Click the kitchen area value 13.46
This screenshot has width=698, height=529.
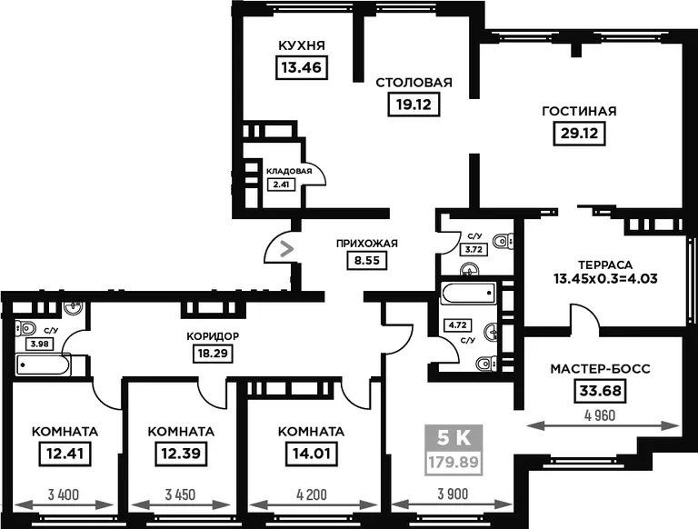point(302,67)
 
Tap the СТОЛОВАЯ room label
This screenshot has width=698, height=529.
point(414,83)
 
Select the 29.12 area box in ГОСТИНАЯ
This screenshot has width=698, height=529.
point(579,133)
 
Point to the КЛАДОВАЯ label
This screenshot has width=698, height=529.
point(289,171)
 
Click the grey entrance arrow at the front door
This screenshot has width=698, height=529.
point(287,248)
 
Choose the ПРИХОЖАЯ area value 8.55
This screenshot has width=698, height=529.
point(367,261)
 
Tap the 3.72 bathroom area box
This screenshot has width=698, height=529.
point(474,249)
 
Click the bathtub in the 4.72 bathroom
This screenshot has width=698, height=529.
point(469,294)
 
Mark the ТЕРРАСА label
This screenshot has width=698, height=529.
point(605,264)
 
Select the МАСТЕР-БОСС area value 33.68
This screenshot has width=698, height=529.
point(600,391)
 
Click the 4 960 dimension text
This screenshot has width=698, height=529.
point(600,415)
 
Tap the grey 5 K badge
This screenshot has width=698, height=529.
point(454,438)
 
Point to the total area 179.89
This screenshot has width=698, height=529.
point(454,463)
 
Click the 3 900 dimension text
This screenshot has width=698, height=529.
point(453,494)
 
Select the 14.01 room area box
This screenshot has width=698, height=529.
point(311,454)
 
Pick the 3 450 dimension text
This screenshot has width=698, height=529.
point(180,494)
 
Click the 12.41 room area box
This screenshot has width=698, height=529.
point(65,454)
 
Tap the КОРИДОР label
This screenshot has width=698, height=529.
point(213,336)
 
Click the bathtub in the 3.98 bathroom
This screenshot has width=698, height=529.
point(44,364)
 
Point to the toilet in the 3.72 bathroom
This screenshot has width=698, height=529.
point(504,242)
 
